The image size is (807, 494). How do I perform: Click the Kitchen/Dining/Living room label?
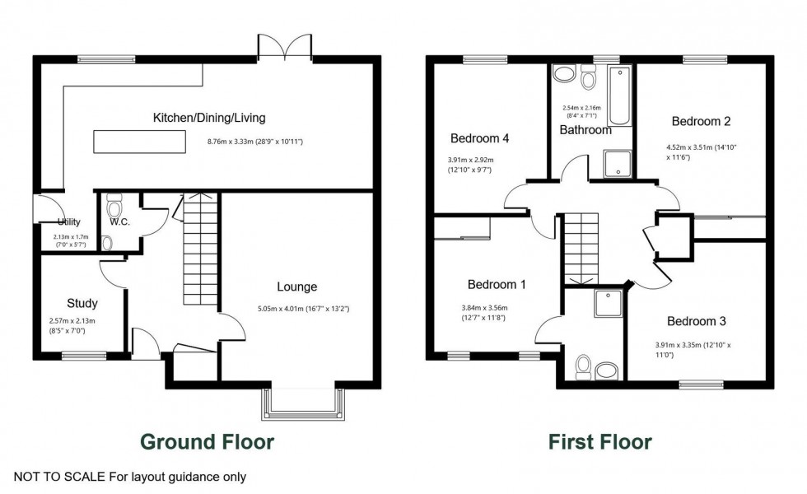point(209,118)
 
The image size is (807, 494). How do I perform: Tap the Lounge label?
point(296,287)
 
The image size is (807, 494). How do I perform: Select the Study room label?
point(82,303)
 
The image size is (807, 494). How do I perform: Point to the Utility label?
point(69,222)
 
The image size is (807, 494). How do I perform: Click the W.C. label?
point(121,221)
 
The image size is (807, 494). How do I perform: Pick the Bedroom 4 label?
point(479,138)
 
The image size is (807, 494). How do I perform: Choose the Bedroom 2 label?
point(701,121)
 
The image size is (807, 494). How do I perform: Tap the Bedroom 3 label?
point(696,321)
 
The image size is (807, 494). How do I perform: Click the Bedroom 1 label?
point(497,285)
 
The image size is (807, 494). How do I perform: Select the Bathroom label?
point(585,130)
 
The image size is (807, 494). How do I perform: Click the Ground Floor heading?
point(207,442)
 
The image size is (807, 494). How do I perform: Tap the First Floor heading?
point(600,442)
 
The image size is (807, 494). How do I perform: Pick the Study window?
point(84,357)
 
